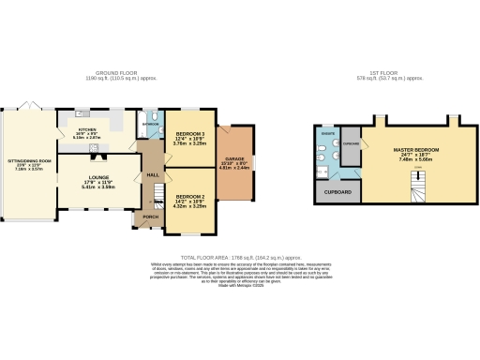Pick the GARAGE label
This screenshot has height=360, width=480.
(x=235, y=158)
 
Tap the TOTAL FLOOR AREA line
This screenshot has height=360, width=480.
(x=239, y=255)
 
